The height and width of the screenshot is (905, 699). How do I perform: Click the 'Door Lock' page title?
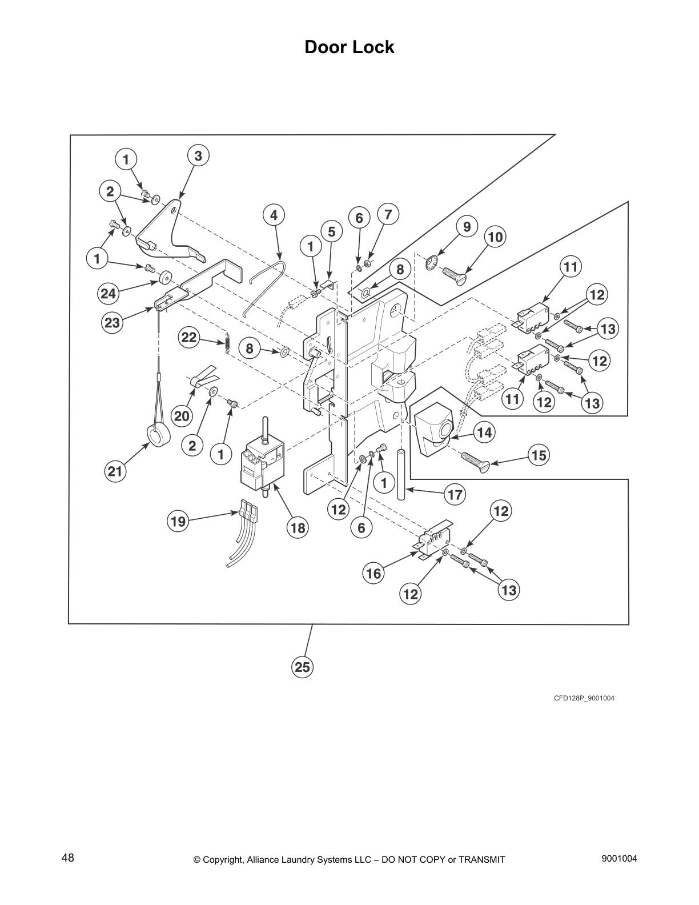tap(349, 47)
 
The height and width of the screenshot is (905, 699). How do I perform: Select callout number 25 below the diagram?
tap(303, 667)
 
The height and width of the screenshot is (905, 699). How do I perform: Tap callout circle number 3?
tap(198, 155)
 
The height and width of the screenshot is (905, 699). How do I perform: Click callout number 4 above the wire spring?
tap(274, 215)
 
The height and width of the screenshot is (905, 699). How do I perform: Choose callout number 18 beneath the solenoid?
tap(298, 528)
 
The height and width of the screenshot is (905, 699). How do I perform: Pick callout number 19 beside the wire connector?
tap(178, 521)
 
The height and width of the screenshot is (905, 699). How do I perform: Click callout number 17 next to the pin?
tap(455, 494)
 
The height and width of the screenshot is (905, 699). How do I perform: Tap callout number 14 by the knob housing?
tap(484, 433)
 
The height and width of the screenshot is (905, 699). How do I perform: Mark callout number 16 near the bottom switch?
tap(373, 573)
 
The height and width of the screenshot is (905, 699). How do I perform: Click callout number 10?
tap(495, 237)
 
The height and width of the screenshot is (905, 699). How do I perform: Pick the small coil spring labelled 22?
tap(227, 343)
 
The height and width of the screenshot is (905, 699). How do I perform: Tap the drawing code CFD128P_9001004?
tap(583, 698)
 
